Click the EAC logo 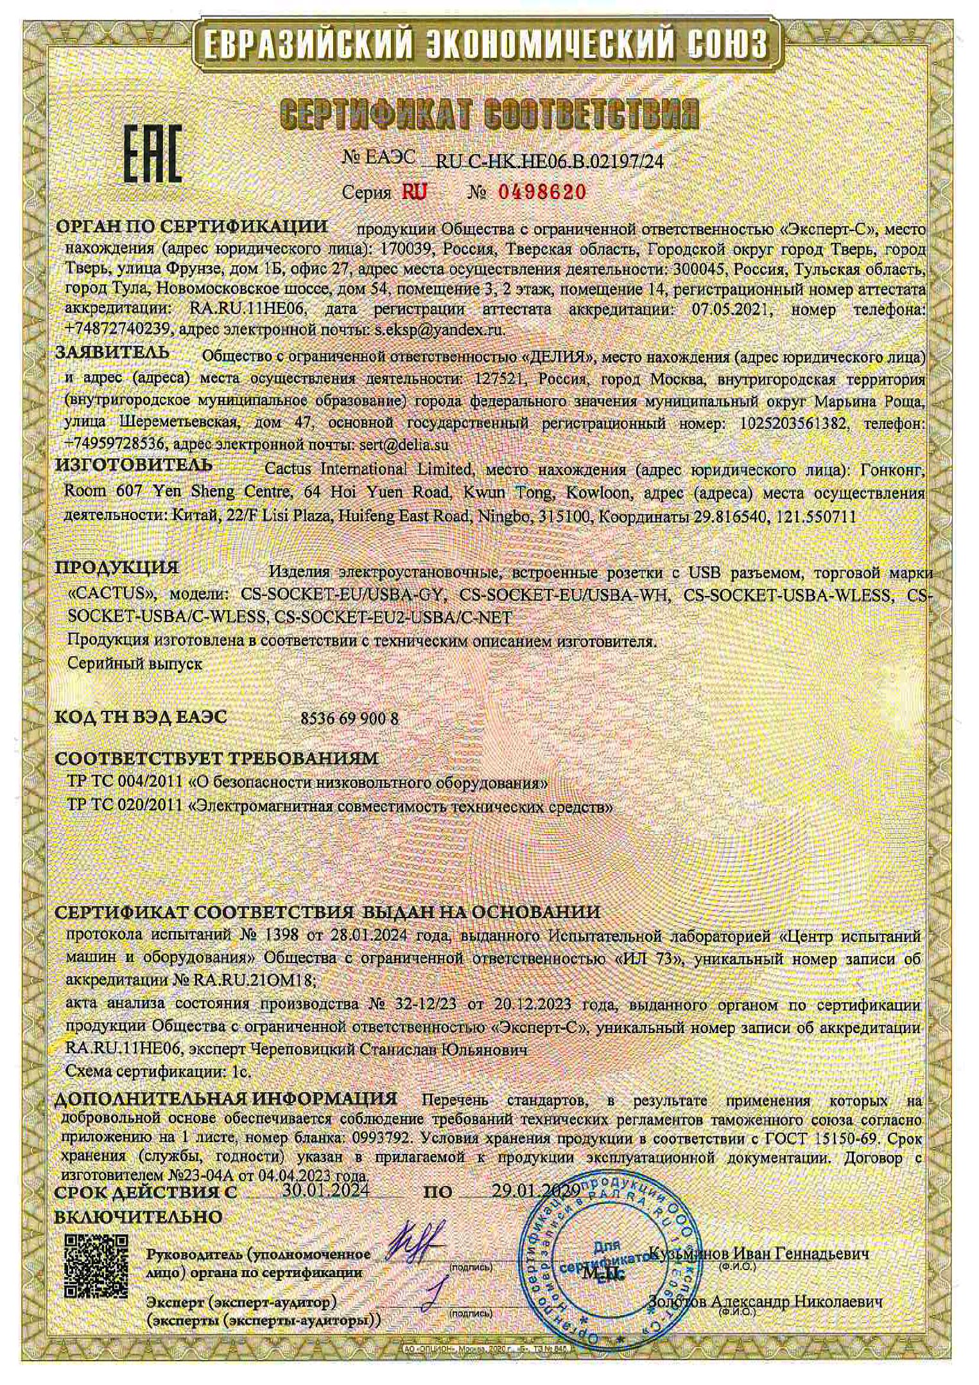(x=152, y=153)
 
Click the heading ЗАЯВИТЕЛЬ (x=113, y=352)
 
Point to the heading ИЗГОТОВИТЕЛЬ (x=134, y=464)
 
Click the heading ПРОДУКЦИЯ (x=117, y=568)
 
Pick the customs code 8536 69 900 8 (x=349, y=719)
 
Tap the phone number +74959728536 (x=116, y=444)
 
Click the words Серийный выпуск (x=135, y=664)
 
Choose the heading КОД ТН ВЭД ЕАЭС (x=141, y=717)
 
